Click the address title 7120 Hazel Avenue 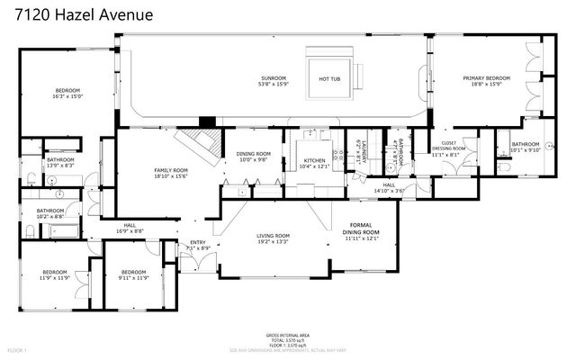pyautogui.click(x=85, y=15)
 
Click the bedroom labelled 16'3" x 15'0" pyautogui.click(x=68, y=94)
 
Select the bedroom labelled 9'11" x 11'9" pyautogui.click(x=133, y=274)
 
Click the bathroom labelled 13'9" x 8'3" pyautogui.click(x=59, y=163)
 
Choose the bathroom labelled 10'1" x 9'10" pyautogui.click(x=525, y=148)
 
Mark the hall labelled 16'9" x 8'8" pyautogui.click(x=130, y=229)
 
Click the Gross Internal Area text pyautogui.click(x=288, y=337)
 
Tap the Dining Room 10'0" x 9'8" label pyautogui.click(x=253, y=156)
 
